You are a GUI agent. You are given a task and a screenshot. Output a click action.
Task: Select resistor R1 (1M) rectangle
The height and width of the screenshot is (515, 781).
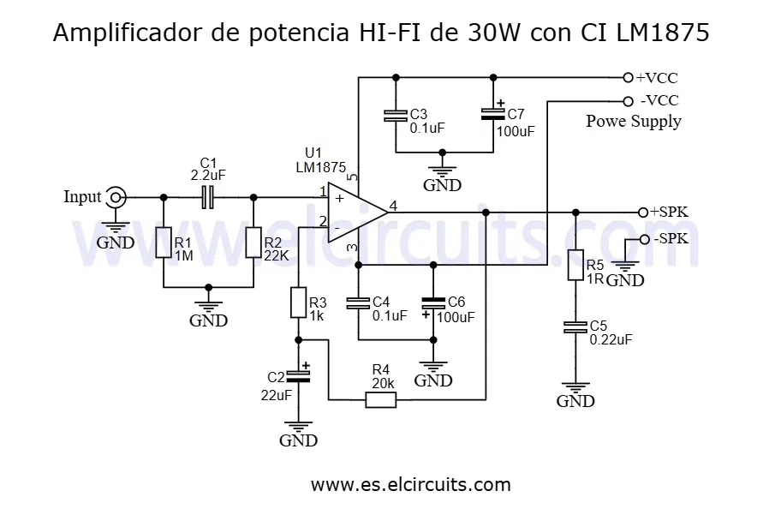(x=163, y=243)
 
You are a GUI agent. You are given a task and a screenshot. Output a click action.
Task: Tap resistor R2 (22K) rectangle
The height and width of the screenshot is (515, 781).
(x=253, y=243)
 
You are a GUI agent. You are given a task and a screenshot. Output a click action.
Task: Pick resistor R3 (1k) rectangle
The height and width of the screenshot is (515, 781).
(x=298, y=303)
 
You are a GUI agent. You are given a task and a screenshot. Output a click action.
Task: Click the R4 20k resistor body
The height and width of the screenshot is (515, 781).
(x=380, y=399)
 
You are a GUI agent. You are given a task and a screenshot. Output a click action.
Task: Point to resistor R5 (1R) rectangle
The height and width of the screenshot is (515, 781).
(x=575, y=266)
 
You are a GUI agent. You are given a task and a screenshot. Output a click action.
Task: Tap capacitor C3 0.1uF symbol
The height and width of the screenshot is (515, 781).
(x=395, y=116)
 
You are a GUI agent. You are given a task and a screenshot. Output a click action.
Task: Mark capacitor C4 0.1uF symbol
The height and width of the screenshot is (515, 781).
(x=357, y=302)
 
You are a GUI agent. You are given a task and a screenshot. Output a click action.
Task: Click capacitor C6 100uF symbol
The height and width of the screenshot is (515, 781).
(x=433, y=302)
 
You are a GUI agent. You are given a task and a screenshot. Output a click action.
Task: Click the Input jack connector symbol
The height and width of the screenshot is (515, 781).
(x=115, y=198)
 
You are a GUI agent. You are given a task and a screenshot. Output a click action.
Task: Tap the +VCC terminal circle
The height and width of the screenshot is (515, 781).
(x=628, y=77)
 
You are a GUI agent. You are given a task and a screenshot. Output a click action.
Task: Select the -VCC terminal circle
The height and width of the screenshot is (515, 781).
(x=628, y=100)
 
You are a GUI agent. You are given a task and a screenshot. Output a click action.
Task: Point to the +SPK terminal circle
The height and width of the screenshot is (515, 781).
(x=642, y=212)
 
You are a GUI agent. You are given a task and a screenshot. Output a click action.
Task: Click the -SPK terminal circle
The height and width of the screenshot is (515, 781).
(x=644, y=239)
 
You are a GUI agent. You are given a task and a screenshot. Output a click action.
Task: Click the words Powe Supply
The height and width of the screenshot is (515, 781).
(x=634, y=121)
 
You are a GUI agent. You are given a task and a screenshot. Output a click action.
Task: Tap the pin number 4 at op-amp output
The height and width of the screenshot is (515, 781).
(x=393, y=205)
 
